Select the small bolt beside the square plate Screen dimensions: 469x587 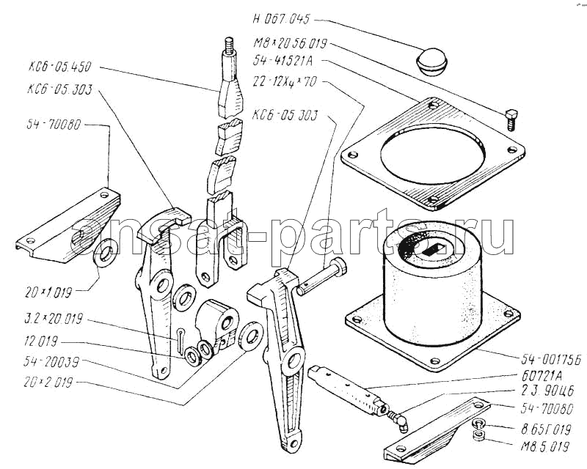tap(511, 115)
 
